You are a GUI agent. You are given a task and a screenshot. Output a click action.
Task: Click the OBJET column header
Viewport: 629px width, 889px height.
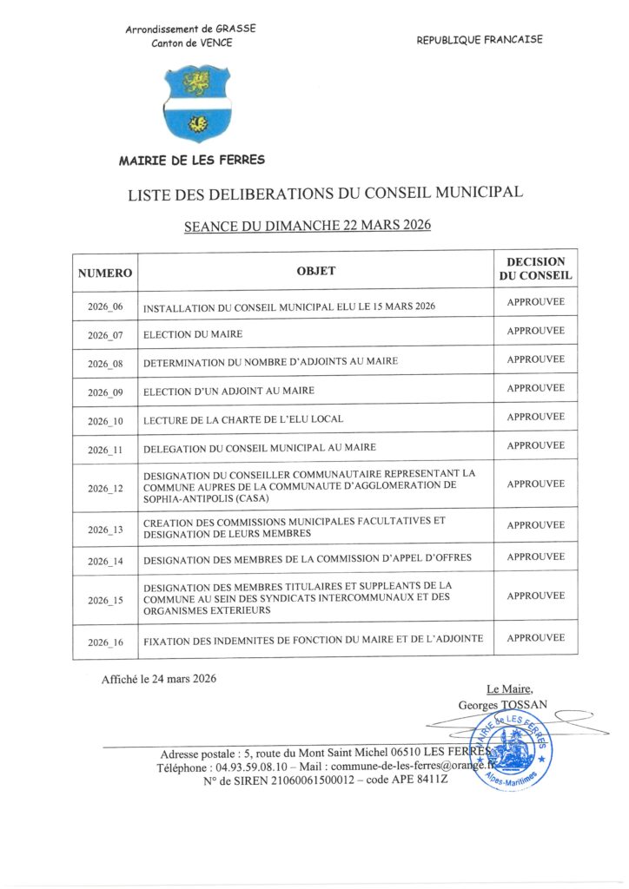(x=315, y=271)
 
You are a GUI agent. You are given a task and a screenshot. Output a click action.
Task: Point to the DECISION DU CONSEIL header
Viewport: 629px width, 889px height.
(x=535, y=268)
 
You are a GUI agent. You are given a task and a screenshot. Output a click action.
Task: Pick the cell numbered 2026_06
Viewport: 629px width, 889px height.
(x=105, y=307)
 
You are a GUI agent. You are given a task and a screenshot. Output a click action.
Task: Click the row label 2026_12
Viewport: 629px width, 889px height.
(x=105, y=489)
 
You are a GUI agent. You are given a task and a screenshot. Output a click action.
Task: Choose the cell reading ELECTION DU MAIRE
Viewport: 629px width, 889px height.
(x=193, y=334)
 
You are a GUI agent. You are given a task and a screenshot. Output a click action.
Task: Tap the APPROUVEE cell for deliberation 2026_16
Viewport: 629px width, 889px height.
(x=535, y=638)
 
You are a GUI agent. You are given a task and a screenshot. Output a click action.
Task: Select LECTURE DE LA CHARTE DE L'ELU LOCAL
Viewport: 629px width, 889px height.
(x=243, y=419)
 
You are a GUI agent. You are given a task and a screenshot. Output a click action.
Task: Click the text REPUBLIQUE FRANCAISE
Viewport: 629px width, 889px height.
(x=479, y=40)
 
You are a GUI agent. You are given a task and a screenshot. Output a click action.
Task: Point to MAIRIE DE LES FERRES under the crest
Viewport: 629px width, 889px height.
(x=192, y=161)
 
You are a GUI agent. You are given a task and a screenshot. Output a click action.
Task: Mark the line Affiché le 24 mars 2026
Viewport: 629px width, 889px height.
(x=159, y=679)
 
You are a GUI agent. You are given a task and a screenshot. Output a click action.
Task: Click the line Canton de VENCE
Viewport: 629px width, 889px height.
(x=191, y=43)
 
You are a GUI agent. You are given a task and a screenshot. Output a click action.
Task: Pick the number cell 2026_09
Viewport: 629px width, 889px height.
(x=105, y=392)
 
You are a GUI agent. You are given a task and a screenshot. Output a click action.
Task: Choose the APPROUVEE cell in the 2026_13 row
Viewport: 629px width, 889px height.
(x=535, y=525)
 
